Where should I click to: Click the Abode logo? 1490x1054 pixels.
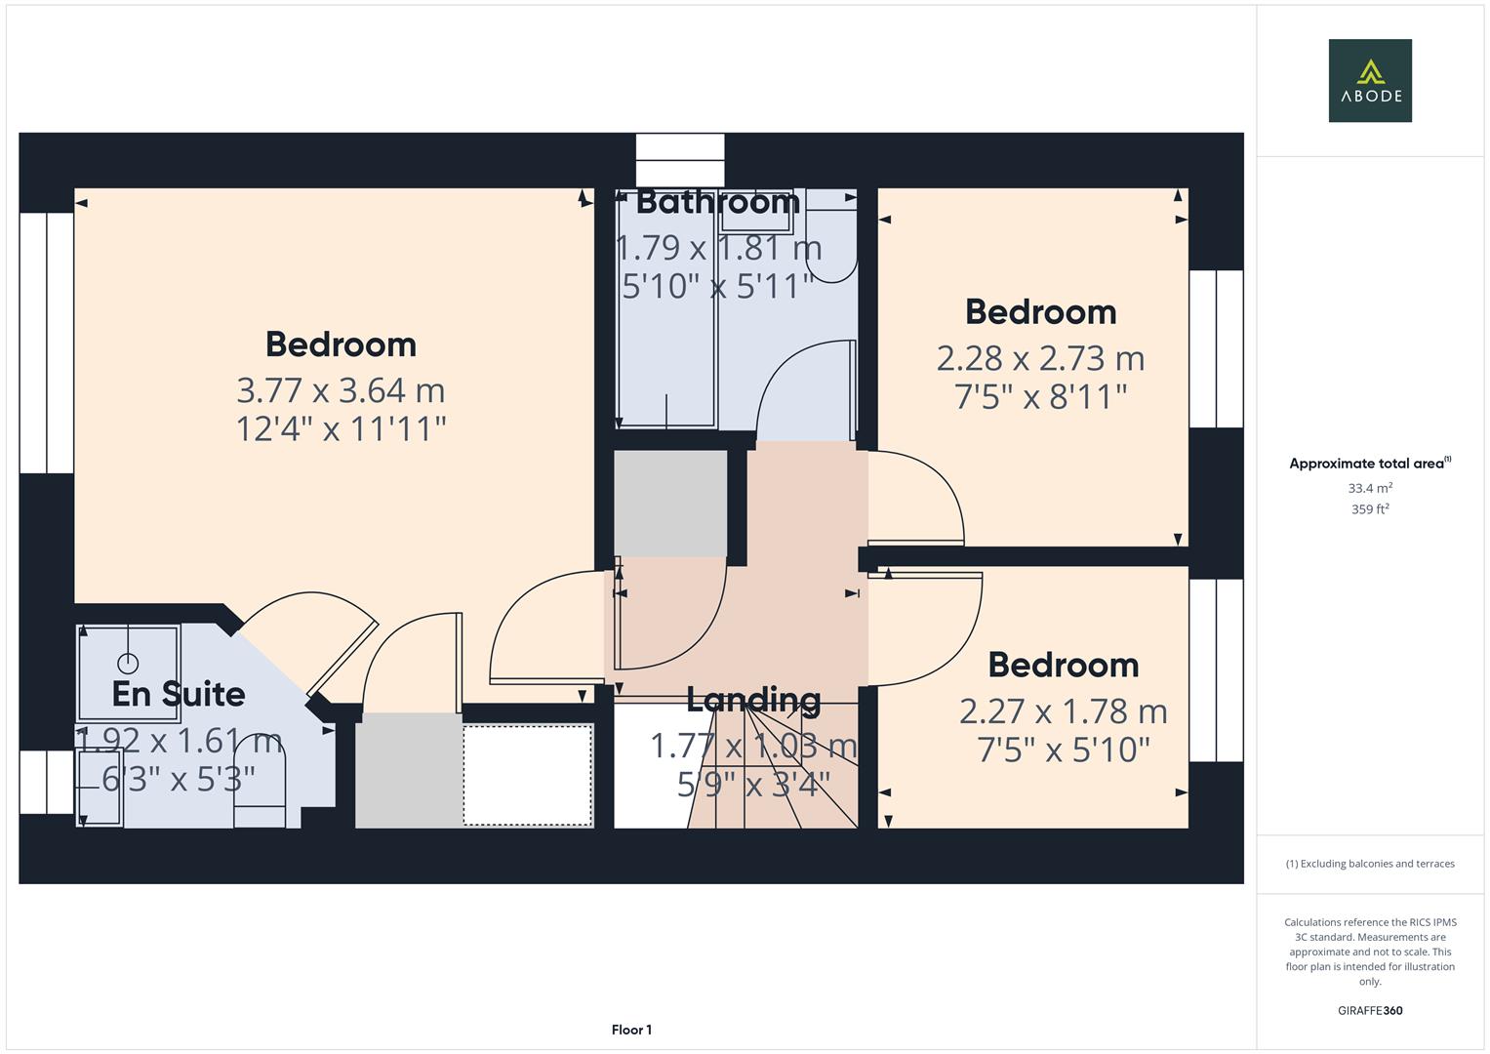tap(1369, 81)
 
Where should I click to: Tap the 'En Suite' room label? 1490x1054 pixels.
tap(179, 694)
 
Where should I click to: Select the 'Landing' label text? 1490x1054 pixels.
tap(753, 700)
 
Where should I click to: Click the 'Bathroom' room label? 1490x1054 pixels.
tap(718, 202)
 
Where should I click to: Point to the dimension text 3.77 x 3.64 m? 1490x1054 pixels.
tap(341, 390)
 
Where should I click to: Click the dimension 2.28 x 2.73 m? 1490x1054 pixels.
tap(1040, 358)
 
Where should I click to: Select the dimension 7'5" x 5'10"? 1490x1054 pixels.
tap(1064, 750)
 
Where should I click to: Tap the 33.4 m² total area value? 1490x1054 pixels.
tap(1369, 488)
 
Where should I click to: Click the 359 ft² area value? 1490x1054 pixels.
tap(1369, 509)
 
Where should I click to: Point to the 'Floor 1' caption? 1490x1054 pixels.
tap(631, 1030)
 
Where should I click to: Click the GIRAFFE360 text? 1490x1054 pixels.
tap(1369, 1010)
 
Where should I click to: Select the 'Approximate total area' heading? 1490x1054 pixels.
tap(1369, 464)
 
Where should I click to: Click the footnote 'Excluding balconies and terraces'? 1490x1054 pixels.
tap(1369, 864)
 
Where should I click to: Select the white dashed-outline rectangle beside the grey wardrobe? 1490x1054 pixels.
tap(527, 775)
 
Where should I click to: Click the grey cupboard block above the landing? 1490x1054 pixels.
tap(670, 503)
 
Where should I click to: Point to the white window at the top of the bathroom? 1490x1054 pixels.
tap(680, 160)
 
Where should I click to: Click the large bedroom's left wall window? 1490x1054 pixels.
tap(46, 343)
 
